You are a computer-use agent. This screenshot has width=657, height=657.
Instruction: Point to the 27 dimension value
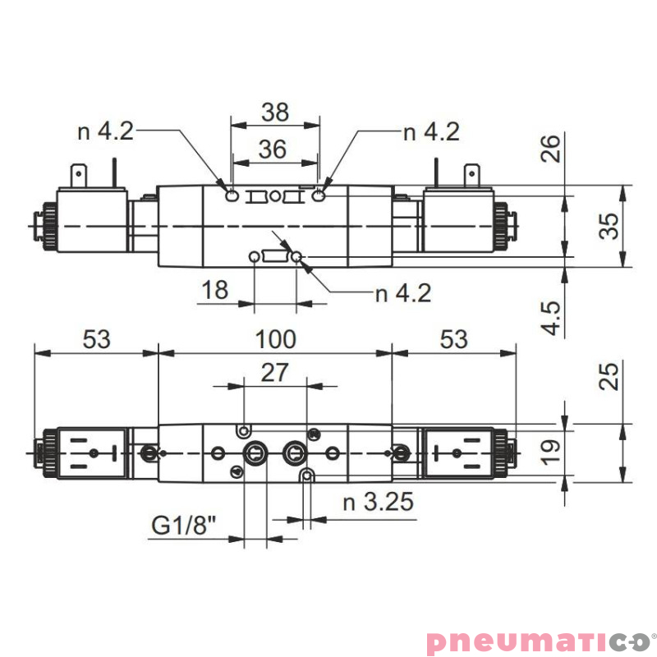[274, 372]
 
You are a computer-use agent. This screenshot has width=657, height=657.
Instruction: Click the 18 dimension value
[214, 290]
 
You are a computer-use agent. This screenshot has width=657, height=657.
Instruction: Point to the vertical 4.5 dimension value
[553, 317]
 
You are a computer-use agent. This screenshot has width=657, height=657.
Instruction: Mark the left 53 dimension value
[94, 339]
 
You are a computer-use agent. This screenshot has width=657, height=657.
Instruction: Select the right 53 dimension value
[453, 339]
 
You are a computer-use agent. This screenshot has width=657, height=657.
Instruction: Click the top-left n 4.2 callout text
[106, 131]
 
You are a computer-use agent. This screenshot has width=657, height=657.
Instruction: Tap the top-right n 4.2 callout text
[431, 131]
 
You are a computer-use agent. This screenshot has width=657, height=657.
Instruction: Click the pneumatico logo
[539, 641]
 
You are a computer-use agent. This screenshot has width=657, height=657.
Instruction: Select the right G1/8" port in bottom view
[294, 453]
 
